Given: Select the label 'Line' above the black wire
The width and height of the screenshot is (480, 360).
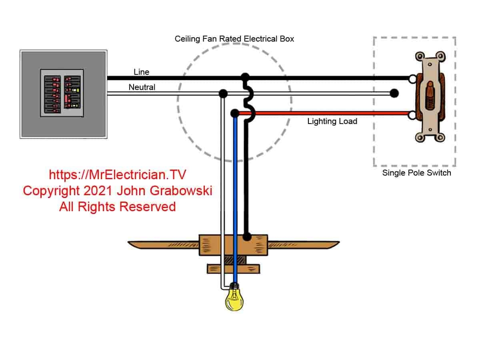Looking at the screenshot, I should (x=141, y=72).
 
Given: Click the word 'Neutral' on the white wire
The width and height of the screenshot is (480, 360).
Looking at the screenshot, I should (x=142, y=87).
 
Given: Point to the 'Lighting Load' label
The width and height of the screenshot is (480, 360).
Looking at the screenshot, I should (x=332, y=121).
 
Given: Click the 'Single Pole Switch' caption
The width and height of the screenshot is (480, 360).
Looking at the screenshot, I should (x=416, y=173).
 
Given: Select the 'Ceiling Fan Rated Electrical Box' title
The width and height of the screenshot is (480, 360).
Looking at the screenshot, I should (x=234, y=39).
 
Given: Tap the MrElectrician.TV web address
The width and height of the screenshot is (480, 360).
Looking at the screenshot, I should (x=117, y=175).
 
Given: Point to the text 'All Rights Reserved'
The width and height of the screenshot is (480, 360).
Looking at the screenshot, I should (x=117, y=206).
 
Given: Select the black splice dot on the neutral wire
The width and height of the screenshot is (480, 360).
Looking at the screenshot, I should (x=223, y=94).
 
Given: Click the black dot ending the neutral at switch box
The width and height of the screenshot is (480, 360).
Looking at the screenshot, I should (x=394, y=94).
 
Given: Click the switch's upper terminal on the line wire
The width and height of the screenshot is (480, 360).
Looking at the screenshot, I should (x=412, y=79).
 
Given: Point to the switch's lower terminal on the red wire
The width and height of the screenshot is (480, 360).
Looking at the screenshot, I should (x=412, y=116).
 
